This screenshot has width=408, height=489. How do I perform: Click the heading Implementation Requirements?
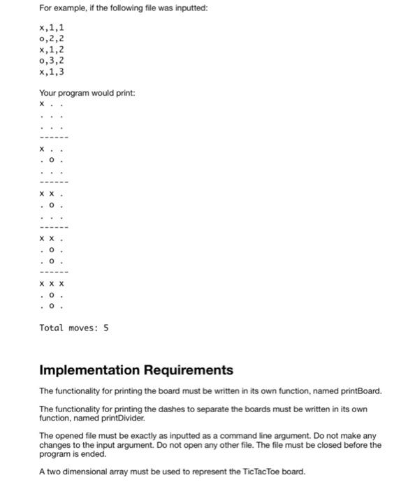pyautogui.click(x=136, y=370)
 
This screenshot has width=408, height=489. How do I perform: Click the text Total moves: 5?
pyautogui.click(x=74, y=328)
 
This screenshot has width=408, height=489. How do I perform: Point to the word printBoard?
pyautogui.click(x=360, y=391)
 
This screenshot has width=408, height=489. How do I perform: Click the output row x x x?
pyautogui.click(x=52, y=284)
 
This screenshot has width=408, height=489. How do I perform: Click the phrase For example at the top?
pyautogui.click(x=62, y=8)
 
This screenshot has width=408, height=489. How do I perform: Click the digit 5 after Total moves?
pyautogui.click(x=106, y=328)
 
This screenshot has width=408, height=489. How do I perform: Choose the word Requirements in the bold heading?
pyautogui.click(x=187, y=370)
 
